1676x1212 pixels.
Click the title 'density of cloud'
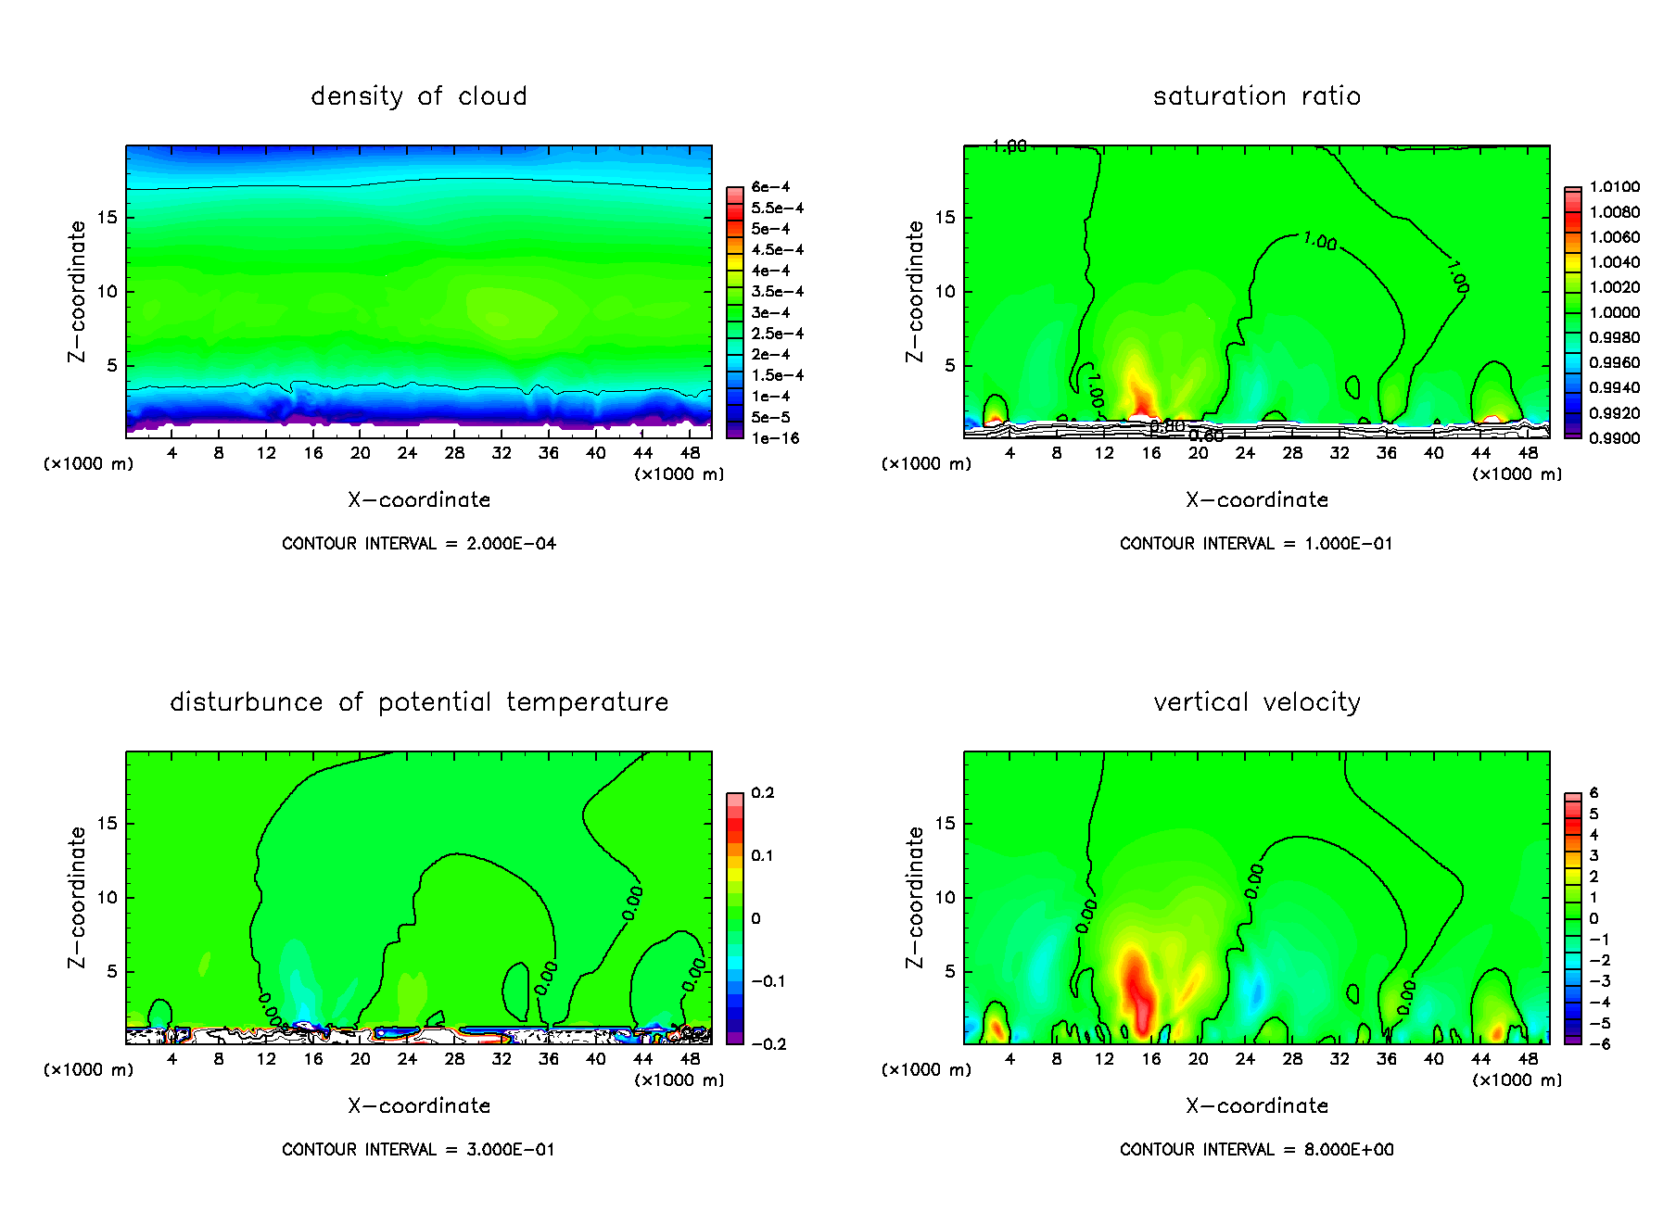[x=418, y=96]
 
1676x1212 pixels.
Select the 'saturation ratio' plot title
[x=1256, y=96]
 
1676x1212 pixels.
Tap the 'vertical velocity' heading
[x=1256, y=702]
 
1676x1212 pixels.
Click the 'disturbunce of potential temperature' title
[x=418, y=702]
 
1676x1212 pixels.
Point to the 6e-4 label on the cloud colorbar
[x=770, y=187]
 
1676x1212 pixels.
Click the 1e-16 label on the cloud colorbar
[x=776, y=438]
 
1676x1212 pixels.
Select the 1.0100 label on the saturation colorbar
[x=1614, y=187]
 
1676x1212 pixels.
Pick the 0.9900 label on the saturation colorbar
[x=1614, y=438]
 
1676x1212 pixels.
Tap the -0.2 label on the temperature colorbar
[x=769, y=1044]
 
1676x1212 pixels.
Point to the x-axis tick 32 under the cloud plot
[x=502, y=453]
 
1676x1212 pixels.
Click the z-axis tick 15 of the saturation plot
[x=945, y=218]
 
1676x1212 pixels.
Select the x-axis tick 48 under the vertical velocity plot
[x=1528, y=1059]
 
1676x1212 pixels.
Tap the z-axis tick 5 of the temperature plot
[x=112, y=972]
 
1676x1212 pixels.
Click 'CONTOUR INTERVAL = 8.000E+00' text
[x=1256, y=1150]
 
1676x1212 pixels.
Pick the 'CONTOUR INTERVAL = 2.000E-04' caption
[x=418, y=544]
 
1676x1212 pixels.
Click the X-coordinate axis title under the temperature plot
[x=418, y=1105]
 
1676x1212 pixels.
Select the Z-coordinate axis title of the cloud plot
[x=77, y=291]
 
